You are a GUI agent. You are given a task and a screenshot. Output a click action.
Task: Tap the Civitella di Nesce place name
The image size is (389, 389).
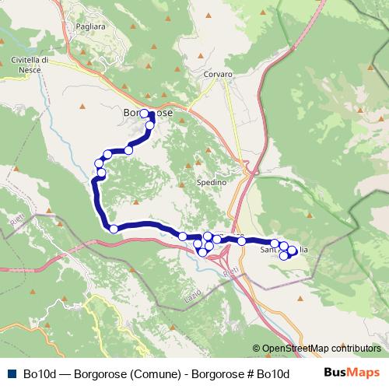point(31,65)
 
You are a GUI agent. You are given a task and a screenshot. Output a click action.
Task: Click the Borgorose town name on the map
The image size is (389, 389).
point(148,114)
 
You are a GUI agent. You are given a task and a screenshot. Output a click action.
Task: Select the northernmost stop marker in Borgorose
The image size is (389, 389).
point(144,114)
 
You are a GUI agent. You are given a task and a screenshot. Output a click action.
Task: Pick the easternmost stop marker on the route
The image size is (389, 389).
point(293,251)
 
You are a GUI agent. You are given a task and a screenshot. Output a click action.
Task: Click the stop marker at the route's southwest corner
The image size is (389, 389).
point(114,229)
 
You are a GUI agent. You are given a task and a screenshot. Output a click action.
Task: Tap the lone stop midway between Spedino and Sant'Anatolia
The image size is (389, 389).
point(242,241)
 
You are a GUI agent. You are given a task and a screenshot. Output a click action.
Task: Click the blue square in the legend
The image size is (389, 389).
point(10,372)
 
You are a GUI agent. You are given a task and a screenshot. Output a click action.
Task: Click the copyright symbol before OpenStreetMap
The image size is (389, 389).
point(256,348)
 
